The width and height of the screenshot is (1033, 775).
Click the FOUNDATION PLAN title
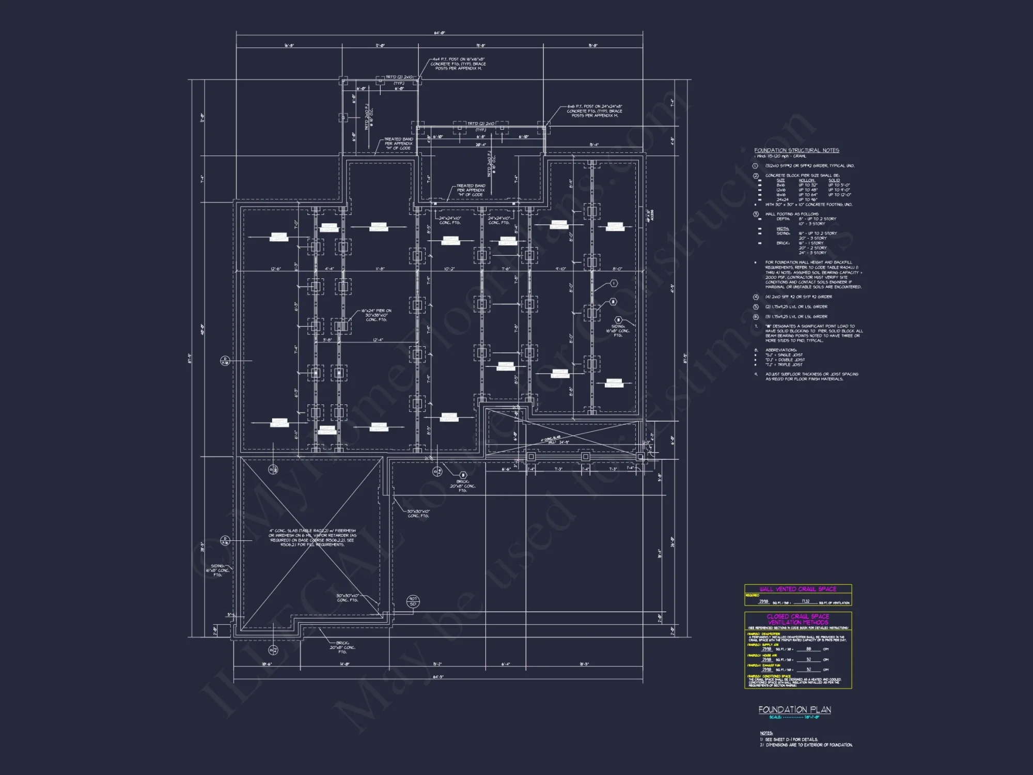(794, 710)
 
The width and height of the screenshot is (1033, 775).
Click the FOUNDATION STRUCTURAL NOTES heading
(796, 150)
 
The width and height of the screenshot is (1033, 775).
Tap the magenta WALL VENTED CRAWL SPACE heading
(797, 589)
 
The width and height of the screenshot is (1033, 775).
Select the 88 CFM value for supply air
(809, 649)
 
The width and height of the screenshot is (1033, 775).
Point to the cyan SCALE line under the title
(794, 717)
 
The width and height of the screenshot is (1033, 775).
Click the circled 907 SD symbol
(413, 601)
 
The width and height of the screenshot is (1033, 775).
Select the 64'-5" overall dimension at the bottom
(437, 676)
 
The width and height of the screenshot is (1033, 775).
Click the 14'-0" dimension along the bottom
(345, 664)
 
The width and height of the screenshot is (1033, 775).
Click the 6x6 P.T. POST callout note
(594, 111)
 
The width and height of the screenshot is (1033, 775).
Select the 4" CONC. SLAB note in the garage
(312, 537)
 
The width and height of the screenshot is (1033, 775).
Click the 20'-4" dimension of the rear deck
(480, 145)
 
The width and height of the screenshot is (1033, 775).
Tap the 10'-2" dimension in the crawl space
(449, 269)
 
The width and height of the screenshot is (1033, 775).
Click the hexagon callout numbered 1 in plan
(614, 283)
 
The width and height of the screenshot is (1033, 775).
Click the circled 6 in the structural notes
(755, 317)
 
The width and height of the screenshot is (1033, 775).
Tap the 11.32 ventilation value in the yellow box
(806, 601)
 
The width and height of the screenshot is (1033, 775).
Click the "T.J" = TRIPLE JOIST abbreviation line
(784, 365)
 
